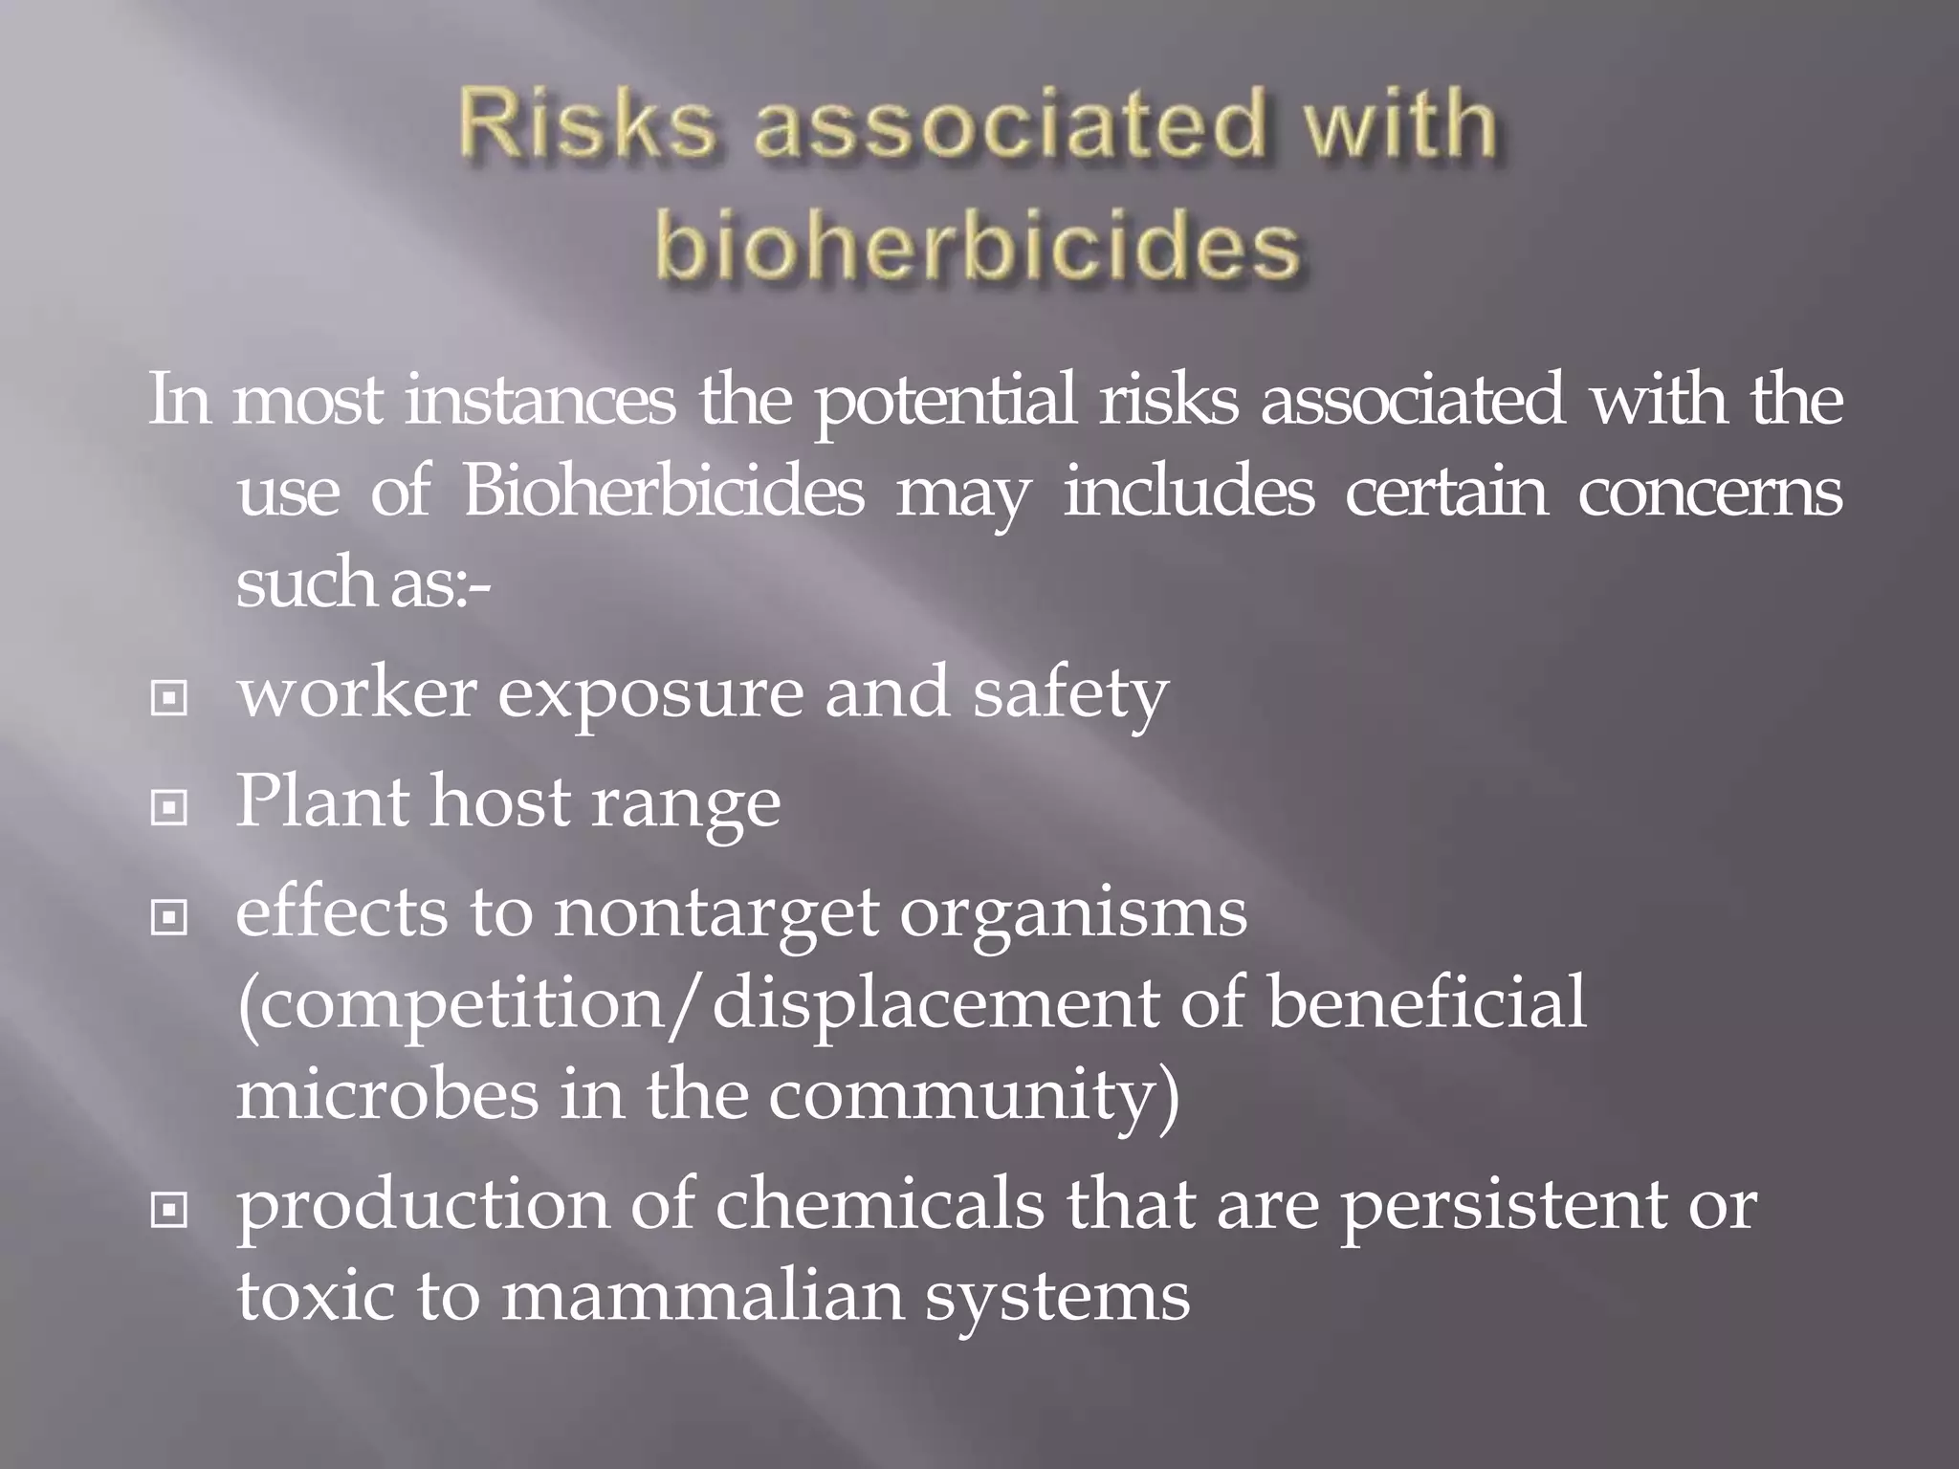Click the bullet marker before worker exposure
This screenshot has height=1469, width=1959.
(x=169, y=699)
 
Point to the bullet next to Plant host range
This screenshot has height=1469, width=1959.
(x=169, y=809)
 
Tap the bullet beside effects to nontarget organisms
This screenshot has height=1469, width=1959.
(x=169, y=919)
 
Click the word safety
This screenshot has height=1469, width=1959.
(x=1070, y=694)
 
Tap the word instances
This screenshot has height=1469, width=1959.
(x=540, y=402)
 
